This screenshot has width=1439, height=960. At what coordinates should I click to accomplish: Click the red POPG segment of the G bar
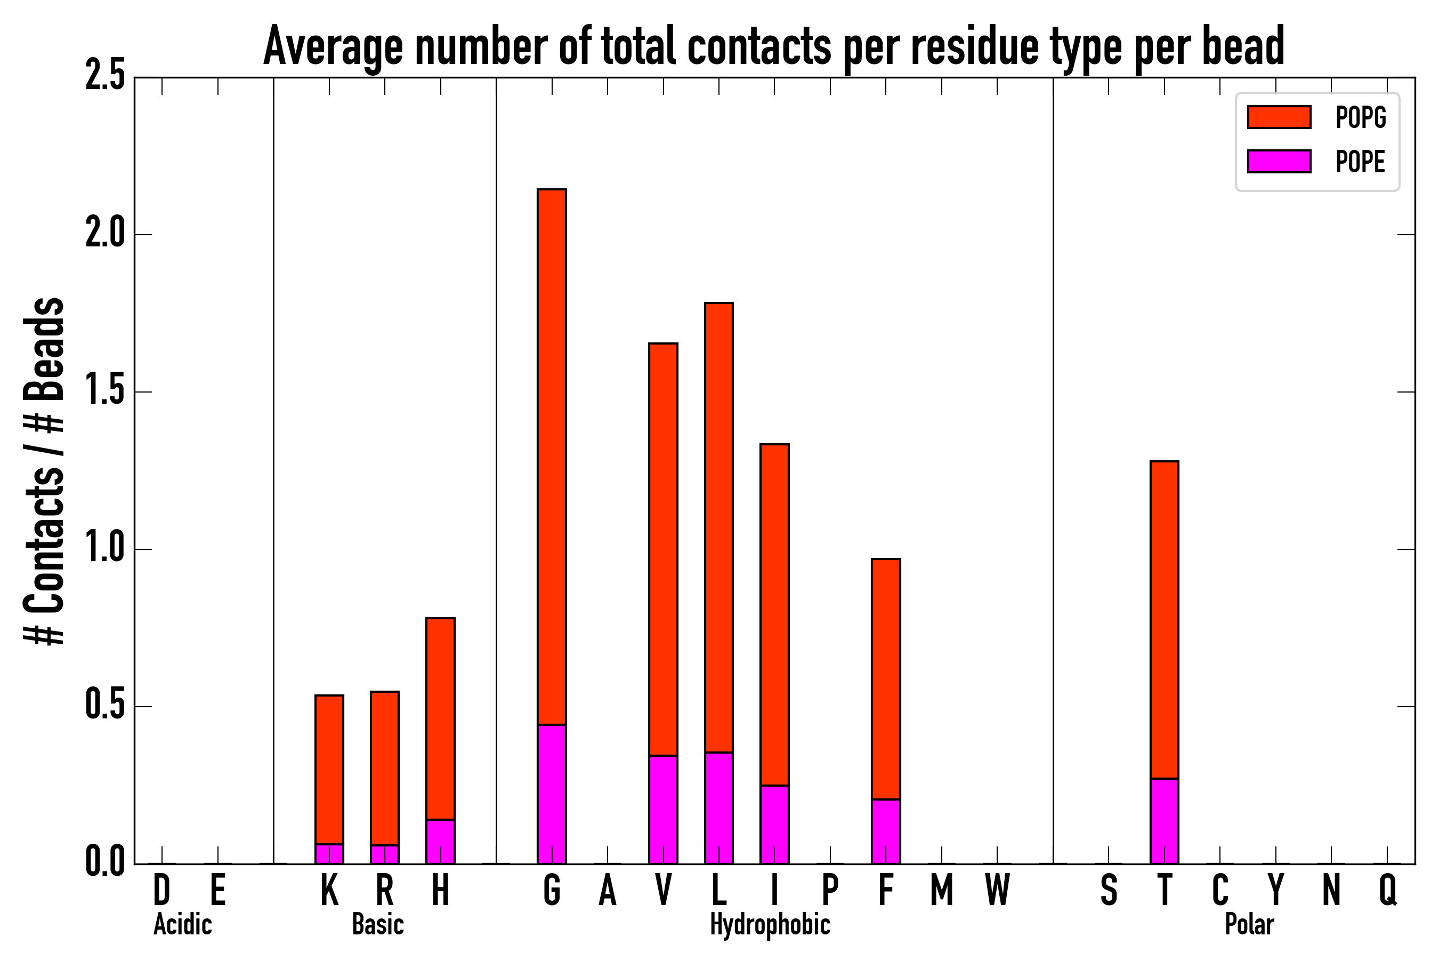[551, 456]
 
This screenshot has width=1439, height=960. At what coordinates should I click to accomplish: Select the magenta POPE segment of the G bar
[551, 794]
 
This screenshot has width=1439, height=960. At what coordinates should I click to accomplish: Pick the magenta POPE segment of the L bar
[718, 807]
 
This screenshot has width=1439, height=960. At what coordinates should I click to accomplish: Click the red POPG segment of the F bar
[885, 678]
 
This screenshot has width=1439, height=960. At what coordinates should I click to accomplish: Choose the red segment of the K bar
[329, 769]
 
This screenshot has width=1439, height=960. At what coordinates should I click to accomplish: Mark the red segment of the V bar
[662, 549]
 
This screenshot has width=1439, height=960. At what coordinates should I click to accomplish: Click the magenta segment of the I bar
[774, 824]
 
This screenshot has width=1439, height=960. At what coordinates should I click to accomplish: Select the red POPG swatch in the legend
[1279, 117]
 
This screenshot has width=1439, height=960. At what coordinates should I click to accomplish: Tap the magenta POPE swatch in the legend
[1279, 161]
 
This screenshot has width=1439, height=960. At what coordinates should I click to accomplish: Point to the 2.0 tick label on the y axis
[104, 235]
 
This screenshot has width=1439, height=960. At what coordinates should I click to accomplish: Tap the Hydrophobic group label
[770, 924]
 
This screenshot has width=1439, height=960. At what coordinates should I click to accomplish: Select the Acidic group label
[182, 924]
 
